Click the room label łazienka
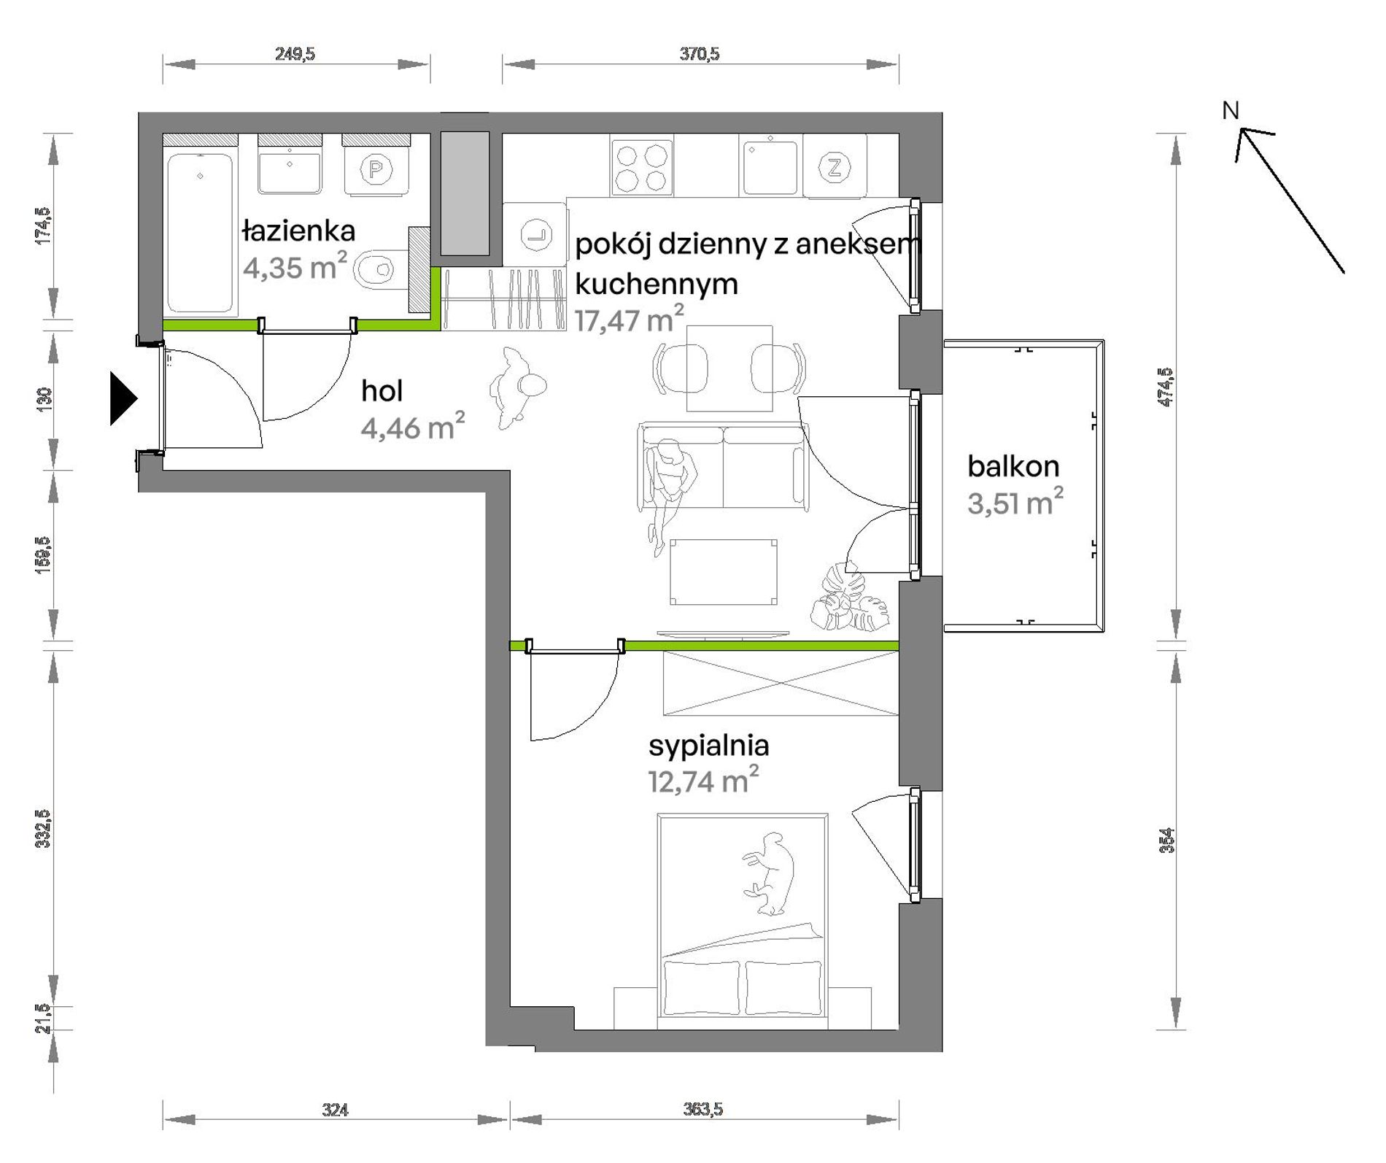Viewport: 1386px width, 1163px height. pos(299,231)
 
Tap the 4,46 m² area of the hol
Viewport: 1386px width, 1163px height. pos(413,427)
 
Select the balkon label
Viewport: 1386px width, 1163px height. pos(1013,466)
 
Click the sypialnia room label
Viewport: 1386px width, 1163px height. pos(708,746)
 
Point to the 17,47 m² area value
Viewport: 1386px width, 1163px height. pos(630,320)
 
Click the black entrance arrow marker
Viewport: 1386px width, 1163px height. pos(123,398)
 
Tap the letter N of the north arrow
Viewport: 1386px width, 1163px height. pos(1231,111)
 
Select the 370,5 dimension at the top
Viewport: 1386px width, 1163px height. pos(700,54)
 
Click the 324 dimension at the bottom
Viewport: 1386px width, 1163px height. pos(335,1110)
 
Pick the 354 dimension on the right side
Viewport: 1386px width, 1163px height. pos(1166,841)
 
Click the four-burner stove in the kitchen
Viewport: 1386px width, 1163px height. pos(642,168)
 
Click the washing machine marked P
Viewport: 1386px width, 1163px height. pos(376,170)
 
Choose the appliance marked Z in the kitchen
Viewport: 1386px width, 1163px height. pos(835,168)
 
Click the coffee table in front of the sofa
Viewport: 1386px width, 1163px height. pos(724,572)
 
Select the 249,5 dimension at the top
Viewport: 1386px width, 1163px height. pos(295,54)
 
